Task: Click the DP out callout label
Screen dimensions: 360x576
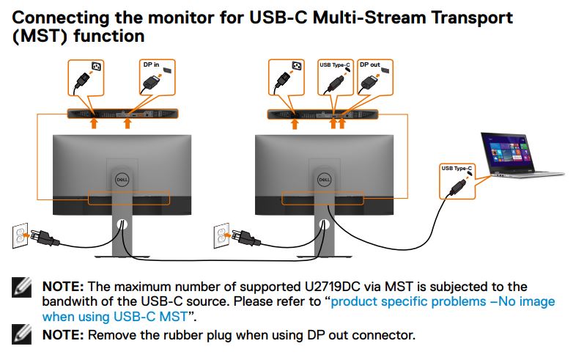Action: [x=369, y=65]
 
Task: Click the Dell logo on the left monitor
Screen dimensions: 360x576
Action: [x=121, y=177]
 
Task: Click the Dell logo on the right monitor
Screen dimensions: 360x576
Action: [x=322, y=177]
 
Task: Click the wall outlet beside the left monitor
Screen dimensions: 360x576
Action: [x=20, y=235]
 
